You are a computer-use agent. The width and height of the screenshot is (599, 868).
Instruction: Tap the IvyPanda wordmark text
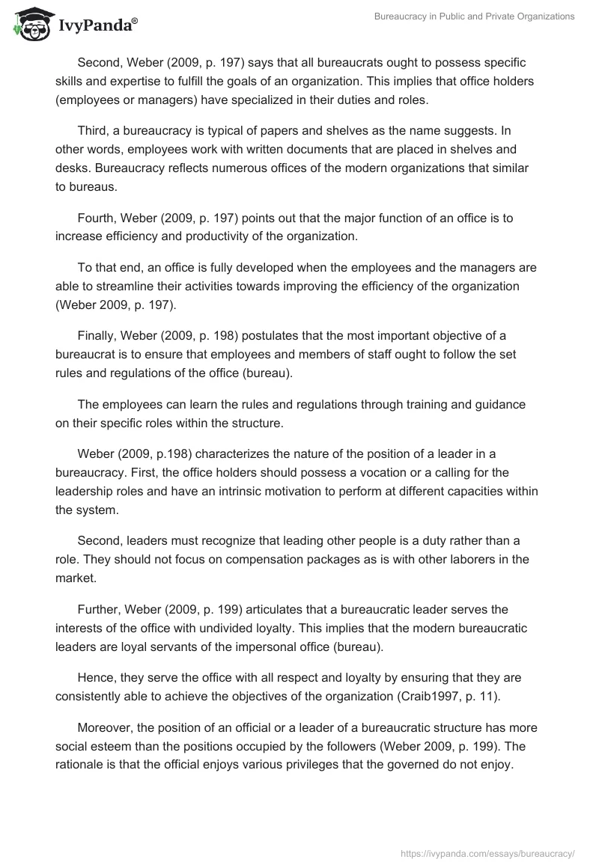97,26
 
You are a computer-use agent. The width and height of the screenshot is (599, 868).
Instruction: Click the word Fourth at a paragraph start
97,218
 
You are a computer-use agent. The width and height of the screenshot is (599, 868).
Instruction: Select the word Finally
97,334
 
